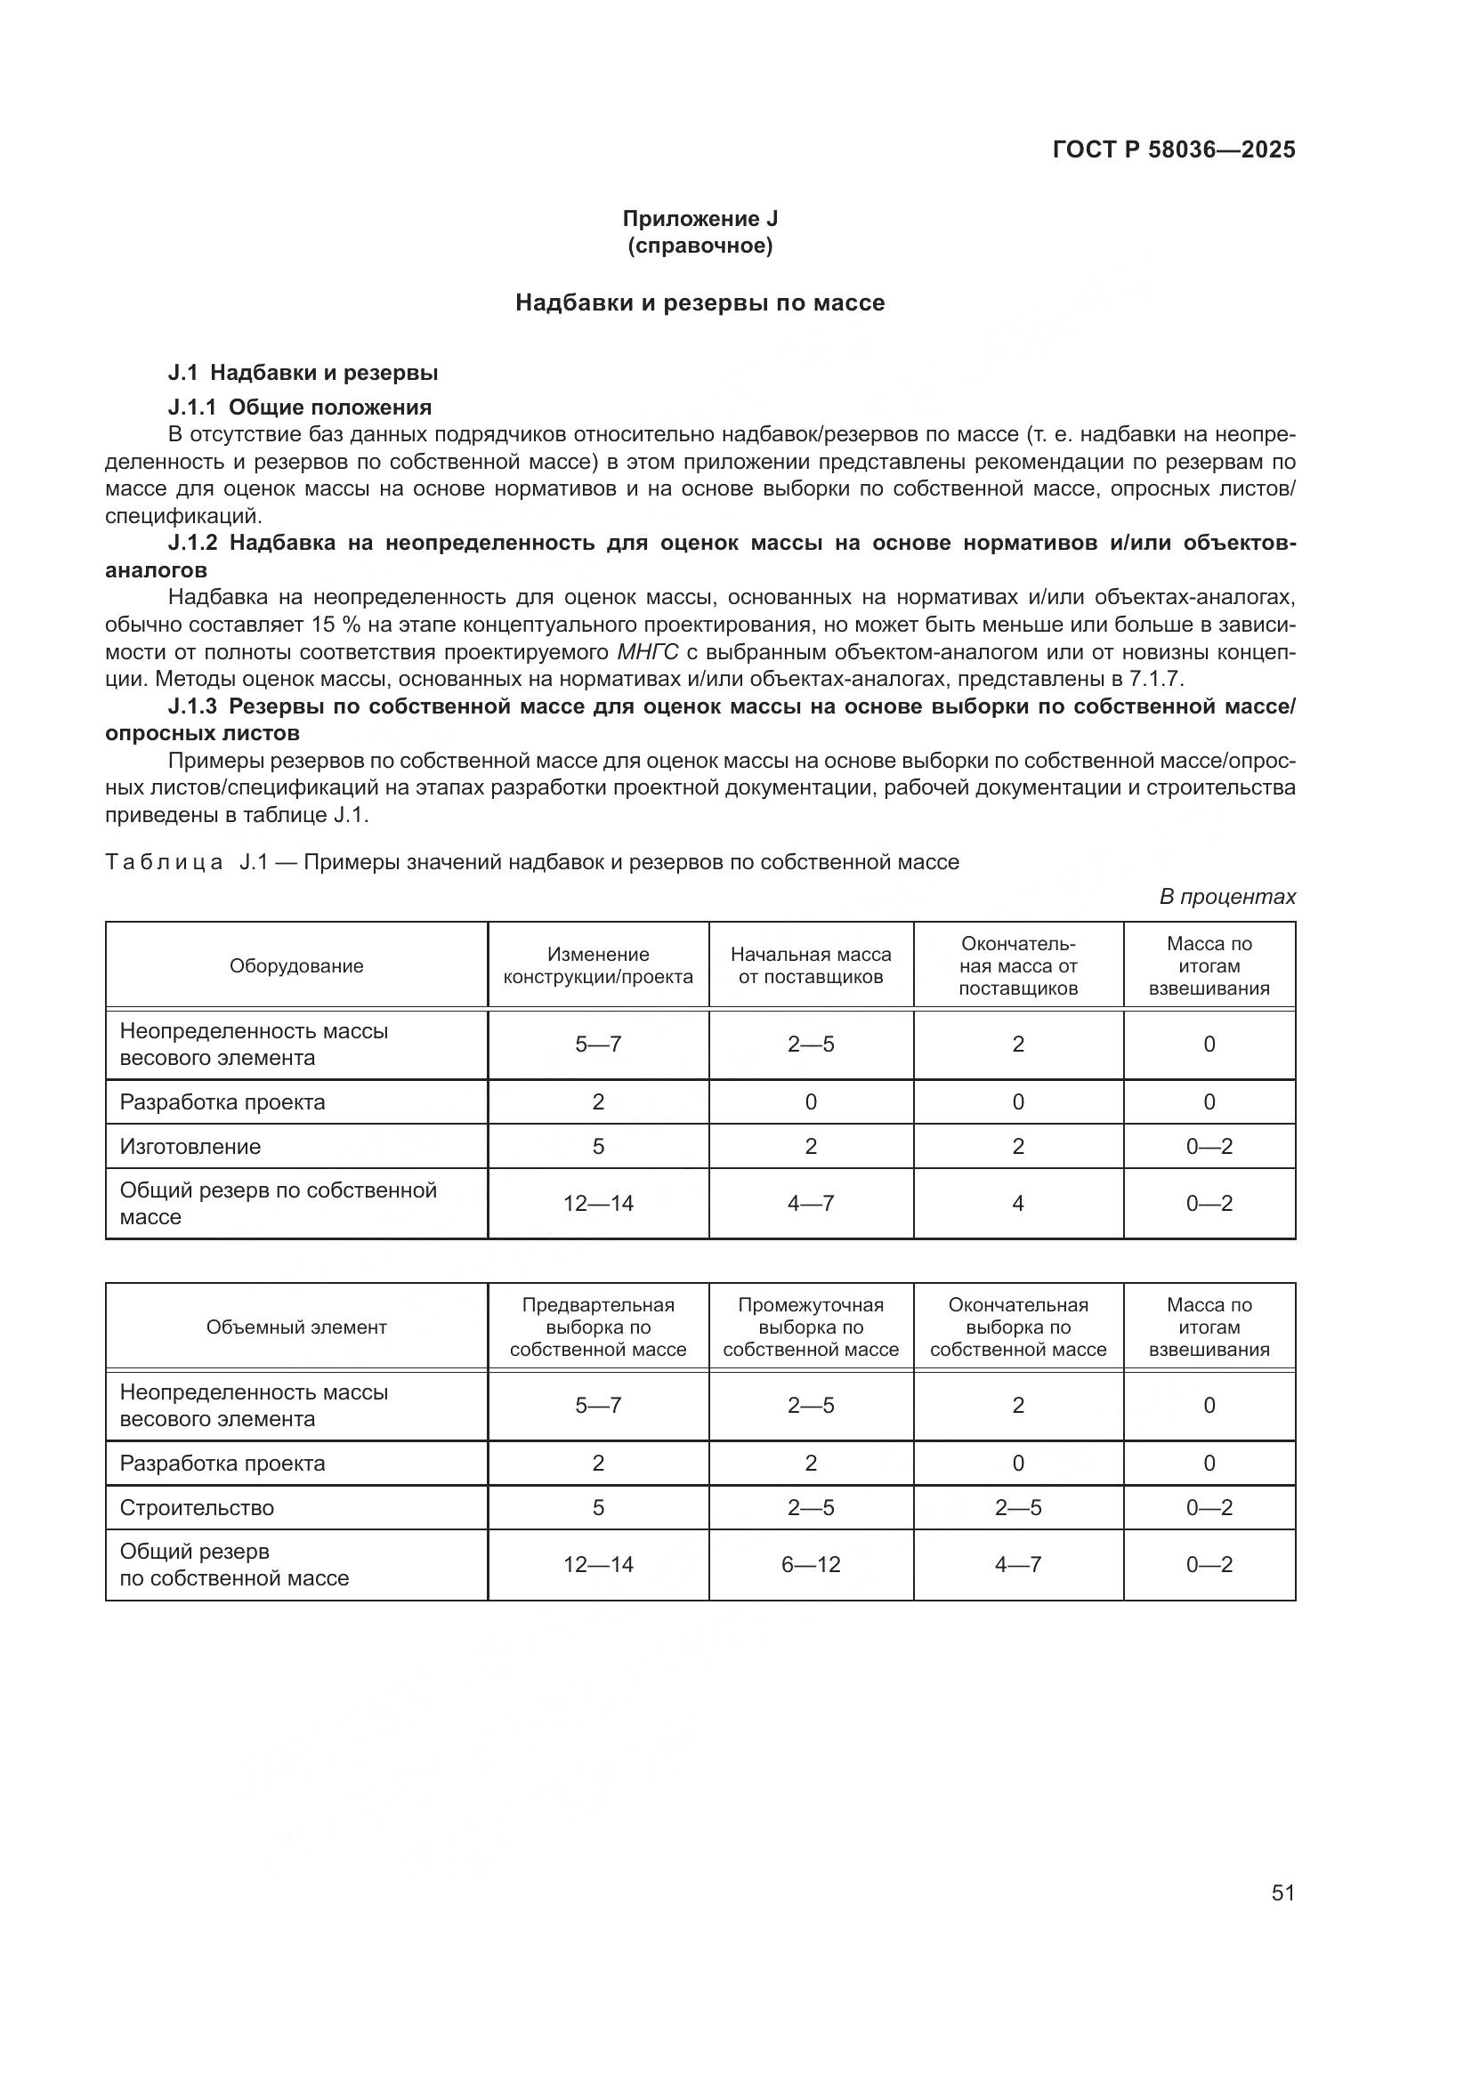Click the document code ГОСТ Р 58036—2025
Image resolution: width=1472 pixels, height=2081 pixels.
[x=1173, y=149]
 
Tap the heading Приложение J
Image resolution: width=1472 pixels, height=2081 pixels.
[x=700, y=219]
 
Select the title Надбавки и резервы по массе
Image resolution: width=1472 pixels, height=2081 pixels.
[x=700, y=302]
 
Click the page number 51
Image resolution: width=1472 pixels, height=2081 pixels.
[x=1282, y=1892]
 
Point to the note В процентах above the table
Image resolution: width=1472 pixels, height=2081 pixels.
[x=1227, y=897]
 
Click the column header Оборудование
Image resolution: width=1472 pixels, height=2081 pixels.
[x=296, y=966]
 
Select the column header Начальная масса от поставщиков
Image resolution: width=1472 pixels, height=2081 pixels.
[x=811, y=966]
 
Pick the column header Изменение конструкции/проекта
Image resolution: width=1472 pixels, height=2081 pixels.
[x=597, y=966]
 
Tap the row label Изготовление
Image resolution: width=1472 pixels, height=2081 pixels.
[x=190, y=1147]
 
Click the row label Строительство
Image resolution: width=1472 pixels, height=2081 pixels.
[x=197, y=1507]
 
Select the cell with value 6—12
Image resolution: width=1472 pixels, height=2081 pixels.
[x=811, y=1564]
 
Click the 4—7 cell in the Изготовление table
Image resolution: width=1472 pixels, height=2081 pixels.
[x=811, y=1204]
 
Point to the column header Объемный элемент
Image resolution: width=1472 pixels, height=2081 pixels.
[x=296, y=1327]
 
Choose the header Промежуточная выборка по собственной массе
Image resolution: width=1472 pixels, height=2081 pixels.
[x=811, y=1327]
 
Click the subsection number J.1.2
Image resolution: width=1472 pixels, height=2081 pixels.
[x=192, y=543]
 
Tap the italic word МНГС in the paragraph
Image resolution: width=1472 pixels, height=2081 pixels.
[x=647, y=651]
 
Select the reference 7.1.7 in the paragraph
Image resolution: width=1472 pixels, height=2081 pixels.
[x=1156, y=679]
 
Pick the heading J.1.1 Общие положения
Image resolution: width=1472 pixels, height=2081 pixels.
[x=299, y=407]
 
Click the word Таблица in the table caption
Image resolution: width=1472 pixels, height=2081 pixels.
[x=163, y=862]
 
